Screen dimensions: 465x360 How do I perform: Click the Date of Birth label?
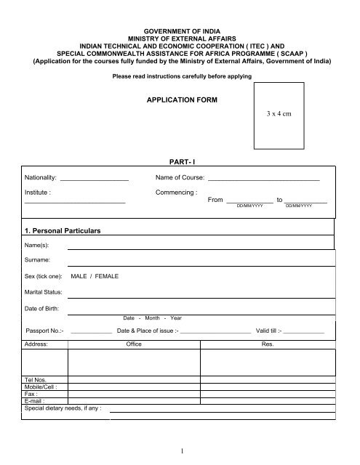[x=43, y=310]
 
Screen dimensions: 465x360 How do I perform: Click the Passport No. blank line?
[x=91, y=333]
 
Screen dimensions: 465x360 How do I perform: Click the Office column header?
[x=134, y=344]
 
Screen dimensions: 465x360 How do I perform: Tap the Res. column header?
[x=266, y=344]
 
